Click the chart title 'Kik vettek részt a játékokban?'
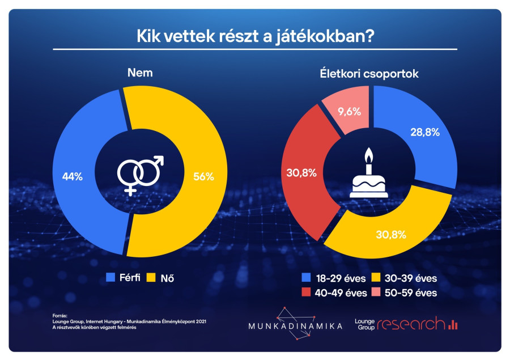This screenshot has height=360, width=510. coord(255,36)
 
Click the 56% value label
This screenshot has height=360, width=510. coord(203,176)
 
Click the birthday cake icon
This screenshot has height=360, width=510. coord(368,176)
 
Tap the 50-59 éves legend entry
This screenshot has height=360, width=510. coord(404,293)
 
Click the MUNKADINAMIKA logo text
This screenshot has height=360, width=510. coord(295,326)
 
